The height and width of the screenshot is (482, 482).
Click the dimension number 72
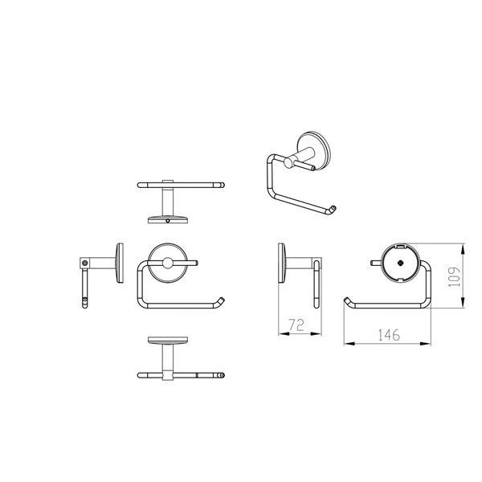296,325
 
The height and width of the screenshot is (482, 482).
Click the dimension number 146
389,335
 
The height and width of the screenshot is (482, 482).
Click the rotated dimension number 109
455,277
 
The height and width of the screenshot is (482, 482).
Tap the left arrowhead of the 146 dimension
349,343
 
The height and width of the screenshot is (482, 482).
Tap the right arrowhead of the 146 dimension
425,343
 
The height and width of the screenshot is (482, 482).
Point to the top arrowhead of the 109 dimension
463,249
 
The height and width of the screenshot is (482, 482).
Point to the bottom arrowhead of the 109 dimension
463,302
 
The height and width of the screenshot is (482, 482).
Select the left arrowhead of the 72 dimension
284,333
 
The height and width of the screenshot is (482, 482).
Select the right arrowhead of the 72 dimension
316,333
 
